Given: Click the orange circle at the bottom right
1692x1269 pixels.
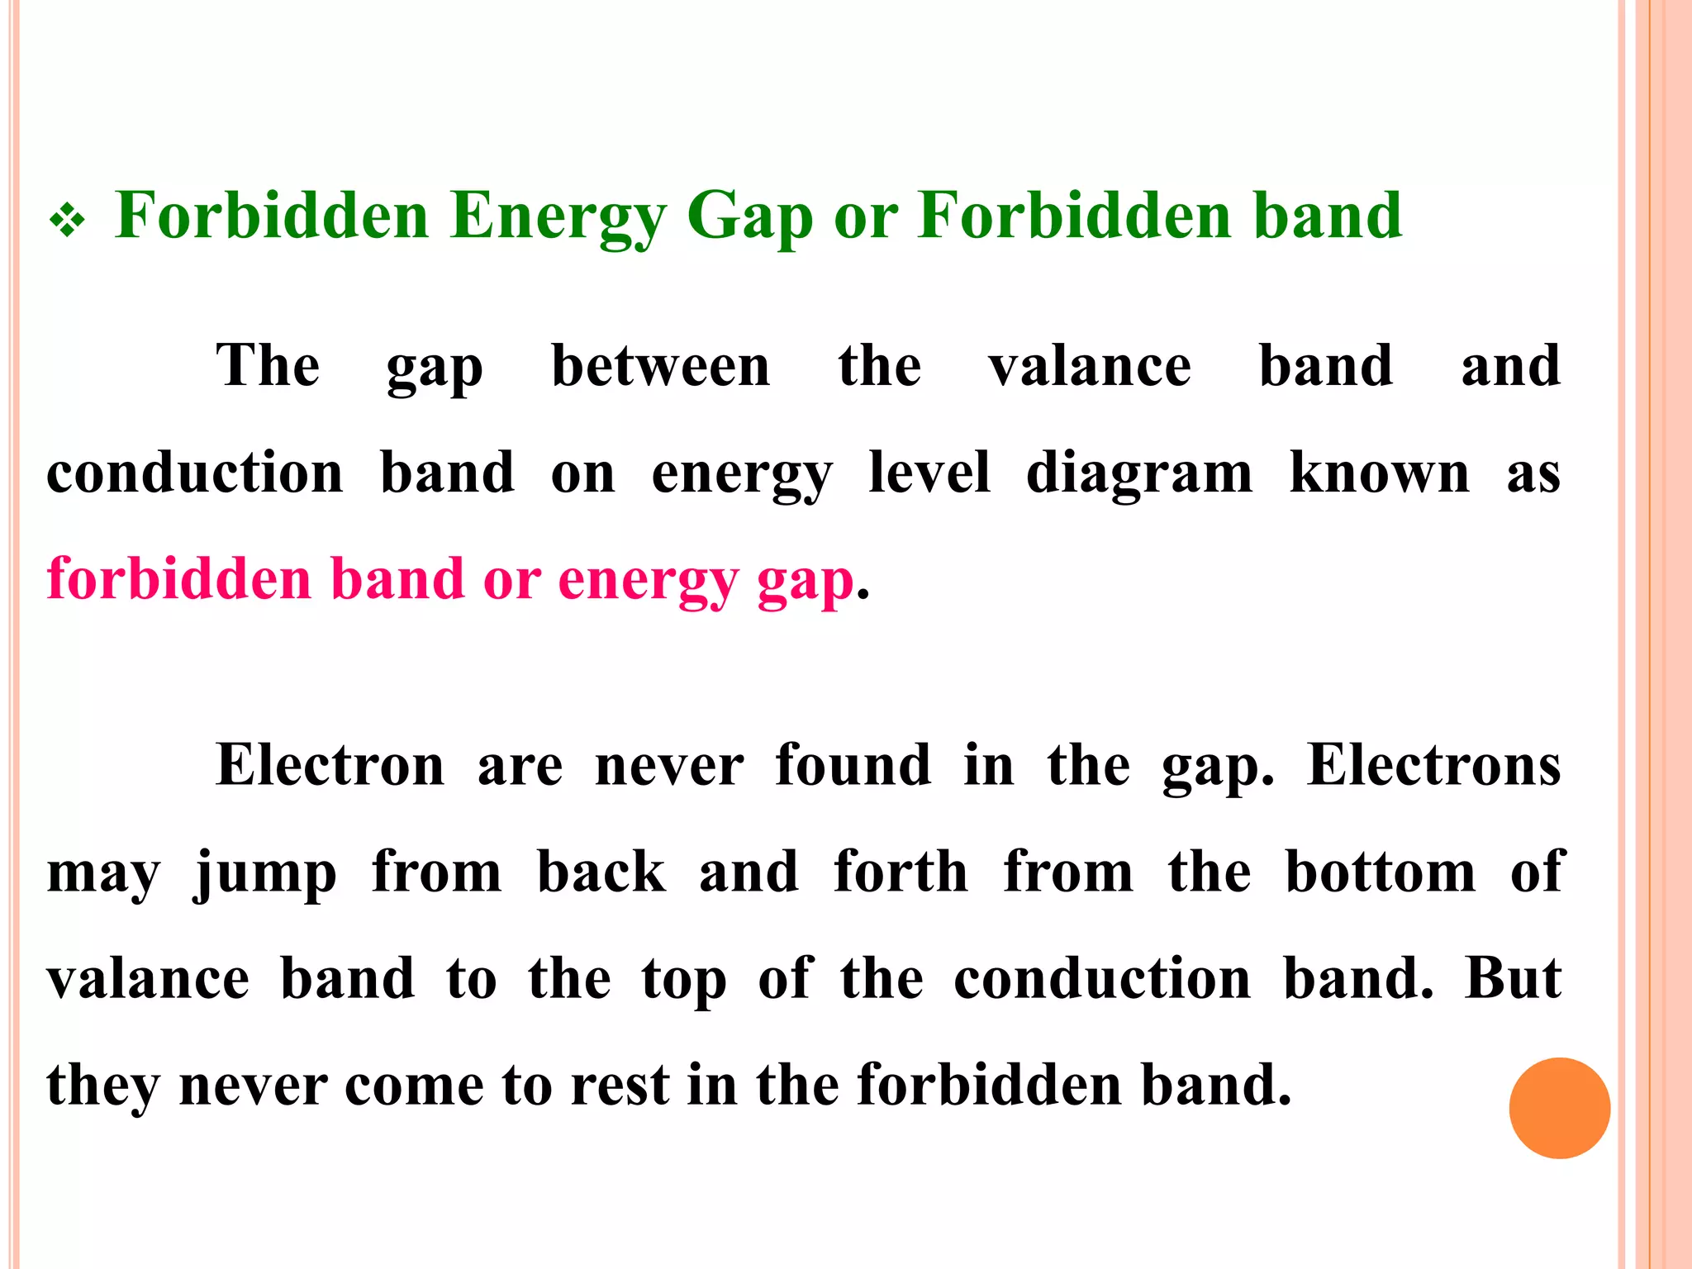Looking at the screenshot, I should pos(1559,1108).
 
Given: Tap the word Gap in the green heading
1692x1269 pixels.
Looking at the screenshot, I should pos(749,216).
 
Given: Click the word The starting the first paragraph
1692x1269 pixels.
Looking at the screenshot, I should pos(268,365).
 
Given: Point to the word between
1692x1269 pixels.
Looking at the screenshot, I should pos(660,365).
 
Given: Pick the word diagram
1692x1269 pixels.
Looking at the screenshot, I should pos(1138,475).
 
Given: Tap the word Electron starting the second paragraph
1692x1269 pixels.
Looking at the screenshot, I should pos(330,765).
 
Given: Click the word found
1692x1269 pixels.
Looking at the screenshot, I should pos(853,765).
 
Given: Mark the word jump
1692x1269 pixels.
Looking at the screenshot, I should pos(266,874).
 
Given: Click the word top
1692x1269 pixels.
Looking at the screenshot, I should pos(684,981).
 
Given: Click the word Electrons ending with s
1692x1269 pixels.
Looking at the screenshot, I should pos(1433,765).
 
